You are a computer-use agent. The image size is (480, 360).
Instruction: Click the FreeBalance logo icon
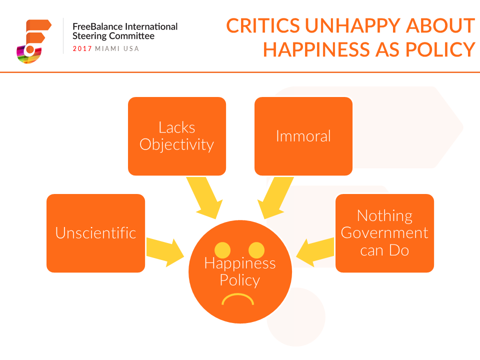tap(33, 41)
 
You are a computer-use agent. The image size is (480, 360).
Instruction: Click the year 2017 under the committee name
tap(82, 48)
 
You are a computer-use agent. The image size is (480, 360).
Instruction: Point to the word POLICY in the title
tap(440, 49)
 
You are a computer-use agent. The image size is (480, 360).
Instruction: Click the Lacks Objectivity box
tap(177, 136)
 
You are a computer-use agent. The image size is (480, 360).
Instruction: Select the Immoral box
tap(303, 136)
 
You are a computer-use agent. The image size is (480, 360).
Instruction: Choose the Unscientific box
tap(96, 233)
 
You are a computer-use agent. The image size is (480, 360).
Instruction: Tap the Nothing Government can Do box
tap(385, 233)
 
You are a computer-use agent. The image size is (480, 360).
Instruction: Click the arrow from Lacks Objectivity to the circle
tap(204, 198)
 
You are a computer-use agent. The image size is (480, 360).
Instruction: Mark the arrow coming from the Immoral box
tap(275, 198)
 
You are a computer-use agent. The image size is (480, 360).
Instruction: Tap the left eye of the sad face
tap(222, 250)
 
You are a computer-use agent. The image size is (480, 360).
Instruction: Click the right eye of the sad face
tap(256, 250)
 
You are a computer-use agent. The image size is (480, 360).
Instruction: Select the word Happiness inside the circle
tap(240, 263)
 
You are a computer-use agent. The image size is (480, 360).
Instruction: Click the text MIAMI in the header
tap(107, 48)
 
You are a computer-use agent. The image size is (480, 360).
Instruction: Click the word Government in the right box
tap(384, 233)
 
